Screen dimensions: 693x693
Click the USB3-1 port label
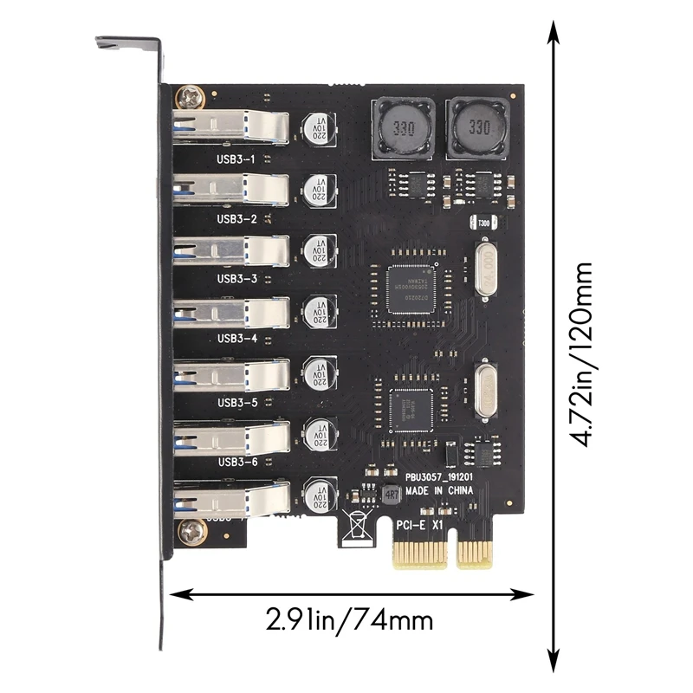[x=236, y=159]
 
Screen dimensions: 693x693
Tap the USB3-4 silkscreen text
[x=236, y=339]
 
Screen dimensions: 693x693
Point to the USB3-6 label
[x=236, y=462]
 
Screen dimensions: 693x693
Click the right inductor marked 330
[x=474, y=128]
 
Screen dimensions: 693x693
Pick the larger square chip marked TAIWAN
[x=414, y=285]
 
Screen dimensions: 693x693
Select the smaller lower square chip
[x=413, y=406]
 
